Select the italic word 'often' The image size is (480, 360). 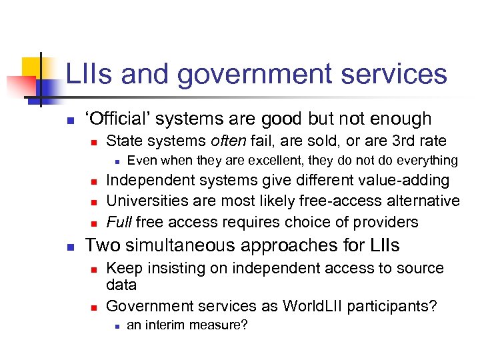tap(227, 141)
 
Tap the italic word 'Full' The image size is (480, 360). tap(119, 221)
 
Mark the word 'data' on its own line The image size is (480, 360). tap(121, 285)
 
